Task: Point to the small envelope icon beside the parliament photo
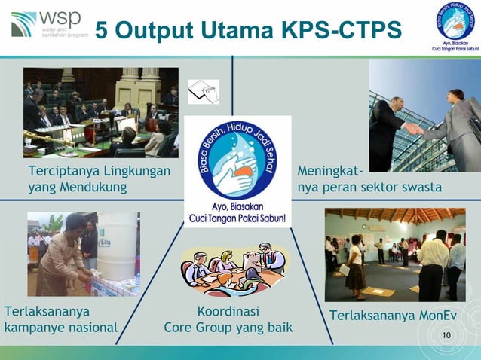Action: pos(203,91)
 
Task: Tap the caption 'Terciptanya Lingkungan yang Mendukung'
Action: pos(99,178)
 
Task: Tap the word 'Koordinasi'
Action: pos(228,311)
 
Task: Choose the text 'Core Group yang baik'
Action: pos(228,328)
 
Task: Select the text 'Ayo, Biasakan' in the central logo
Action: pos(237,206)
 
